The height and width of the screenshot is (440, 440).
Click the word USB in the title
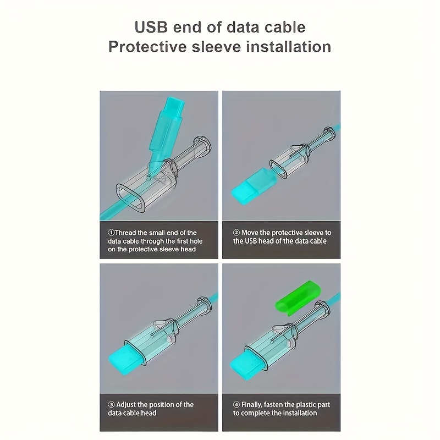[151, 27]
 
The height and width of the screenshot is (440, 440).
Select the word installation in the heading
[289, 47]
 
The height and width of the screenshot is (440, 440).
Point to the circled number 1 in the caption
[111, 233]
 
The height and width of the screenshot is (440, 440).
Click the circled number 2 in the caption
[237, 233]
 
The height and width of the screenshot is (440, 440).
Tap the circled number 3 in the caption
[111, 405]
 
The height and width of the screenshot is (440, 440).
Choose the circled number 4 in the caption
[237, 405]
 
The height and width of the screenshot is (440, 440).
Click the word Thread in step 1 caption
[125, 233]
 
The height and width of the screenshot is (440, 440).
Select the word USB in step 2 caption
[251, 241]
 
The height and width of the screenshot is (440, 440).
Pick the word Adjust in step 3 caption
[126, 405]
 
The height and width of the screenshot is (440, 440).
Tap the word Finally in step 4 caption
[252, 405]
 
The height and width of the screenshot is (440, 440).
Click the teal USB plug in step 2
[251, 186]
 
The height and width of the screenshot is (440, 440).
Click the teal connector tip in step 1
[175, 103]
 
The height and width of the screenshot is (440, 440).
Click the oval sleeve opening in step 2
[278, 169]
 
